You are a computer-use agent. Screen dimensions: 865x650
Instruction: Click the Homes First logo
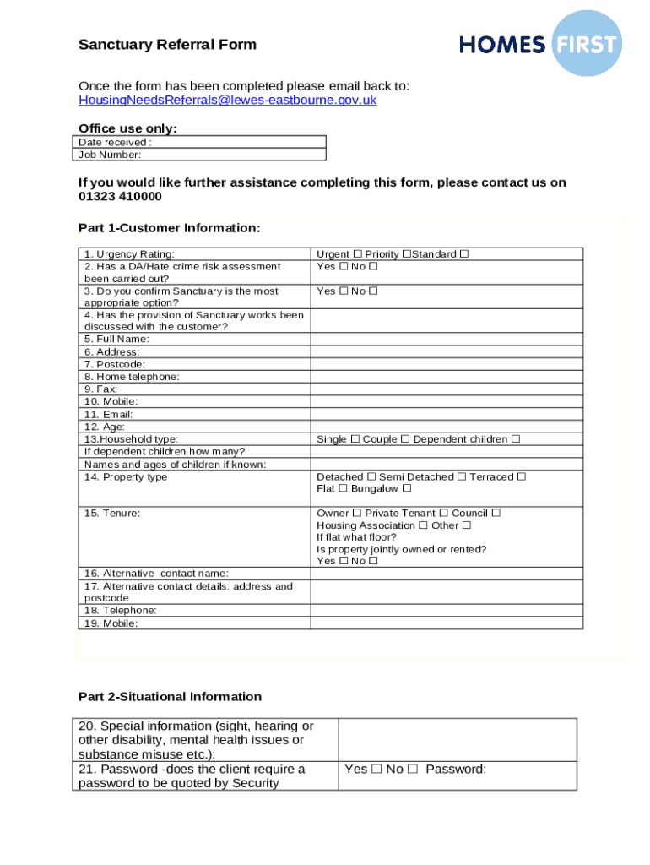pyautogui.click(x=539, y=44)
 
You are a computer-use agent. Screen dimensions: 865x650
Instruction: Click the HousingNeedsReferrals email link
pyautogui.click(x=227, y=100)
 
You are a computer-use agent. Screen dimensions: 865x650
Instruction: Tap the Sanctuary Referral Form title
pyautogui.click(x=167, y=45)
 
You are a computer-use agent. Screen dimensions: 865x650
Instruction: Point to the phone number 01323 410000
pyautogui.click(x=120, y=196)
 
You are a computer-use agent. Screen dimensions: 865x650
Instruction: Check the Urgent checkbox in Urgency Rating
pyautogui.click(x=358, y=254)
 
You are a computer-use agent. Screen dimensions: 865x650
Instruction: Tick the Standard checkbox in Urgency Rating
pyautogui.click(x=464, y=254)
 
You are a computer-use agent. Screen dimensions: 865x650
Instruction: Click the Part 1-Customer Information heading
pyautogui.click(x=169, y=228)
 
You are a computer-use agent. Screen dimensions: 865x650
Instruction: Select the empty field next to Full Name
pyautogui.click(x=446, y=339)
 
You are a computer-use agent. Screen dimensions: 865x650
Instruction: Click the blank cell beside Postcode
pyautogui.click(x=446, y=364)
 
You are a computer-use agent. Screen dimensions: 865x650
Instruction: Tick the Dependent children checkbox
pyautogui.click(x=516, y=439)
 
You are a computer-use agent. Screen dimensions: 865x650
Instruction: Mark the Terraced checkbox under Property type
pyautogui.click(x=522, y=477)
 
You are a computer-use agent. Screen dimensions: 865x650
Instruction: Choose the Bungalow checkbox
pyautogui.click(x=407, y=489)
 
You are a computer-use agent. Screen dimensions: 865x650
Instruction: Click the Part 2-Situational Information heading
pyautogui.click(x=170, y=697)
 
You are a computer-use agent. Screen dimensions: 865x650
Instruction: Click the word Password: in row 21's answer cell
pyautogui.click(x=456, y=770)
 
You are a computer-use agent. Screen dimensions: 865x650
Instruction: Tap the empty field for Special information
pyautogui.click(x=457, y=740)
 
